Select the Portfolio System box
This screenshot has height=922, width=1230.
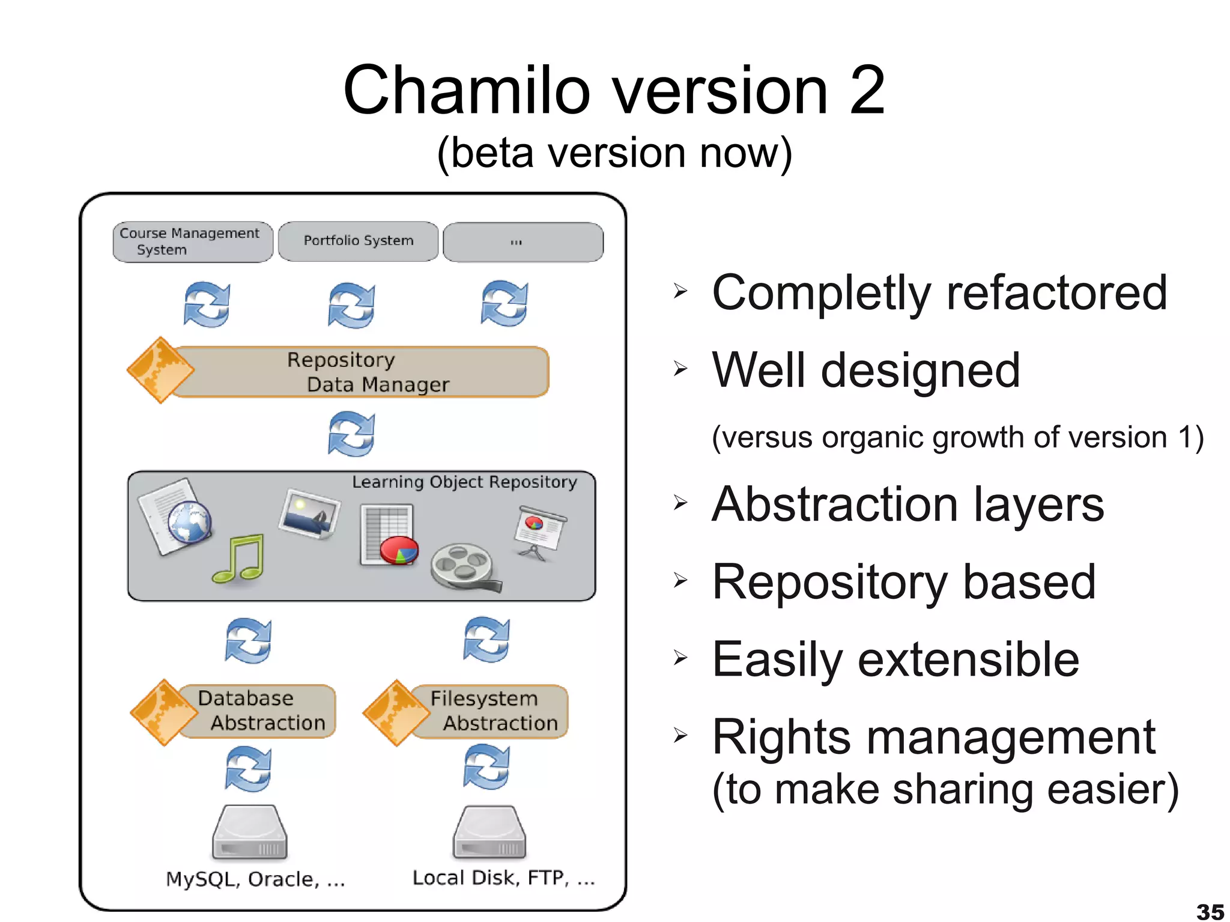click(x=358, y=241)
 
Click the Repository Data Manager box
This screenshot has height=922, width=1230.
click(x=360, y=372)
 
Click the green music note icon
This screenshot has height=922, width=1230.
click(x=239, y=559)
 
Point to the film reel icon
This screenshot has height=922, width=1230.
click(x=464, y=566)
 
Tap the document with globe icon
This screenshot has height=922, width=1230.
click(x=175, y=517)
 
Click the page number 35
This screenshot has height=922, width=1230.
click(x=1210, y=911)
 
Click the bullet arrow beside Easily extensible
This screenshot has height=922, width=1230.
click(x=680, y=658)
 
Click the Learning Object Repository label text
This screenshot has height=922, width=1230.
click(x=464, y=482)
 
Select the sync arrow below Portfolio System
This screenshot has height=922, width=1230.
click(x=351, y=305)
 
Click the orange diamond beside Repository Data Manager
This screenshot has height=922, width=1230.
click(x=160, y=370)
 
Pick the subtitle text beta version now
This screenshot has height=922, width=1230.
click(x=614, y=153)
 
